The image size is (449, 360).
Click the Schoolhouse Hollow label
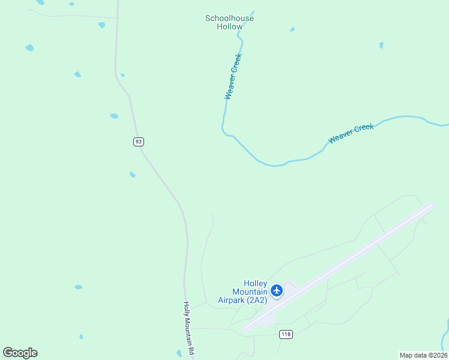tap(229, 22)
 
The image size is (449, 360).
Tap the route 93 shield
tap(139, 142)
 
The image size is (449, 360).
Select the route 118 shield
tap(286, 334)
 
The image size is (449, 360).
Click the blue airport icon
tap(277, 291)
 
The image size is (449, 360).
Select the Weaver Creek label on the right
tap(351, 133)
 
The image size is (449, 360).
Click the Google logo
tap(20, 353)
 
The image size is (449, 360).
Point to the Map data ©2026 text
tap(423, 355)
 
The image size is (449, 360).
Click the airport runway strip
tap(338, 267)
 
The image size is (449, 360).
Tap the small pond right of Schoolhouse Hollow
tap(292, 29)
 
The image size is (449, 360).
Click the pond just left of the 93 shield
tap(114, 116)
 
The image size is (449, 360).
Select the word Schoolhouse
tap(229, 18)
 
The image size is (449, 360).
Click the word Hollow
tap(229, 26)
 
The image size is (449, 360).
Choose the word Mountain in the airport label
tap(249, 292)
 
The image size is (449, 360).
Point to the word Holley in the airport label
tap(255, 283)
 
